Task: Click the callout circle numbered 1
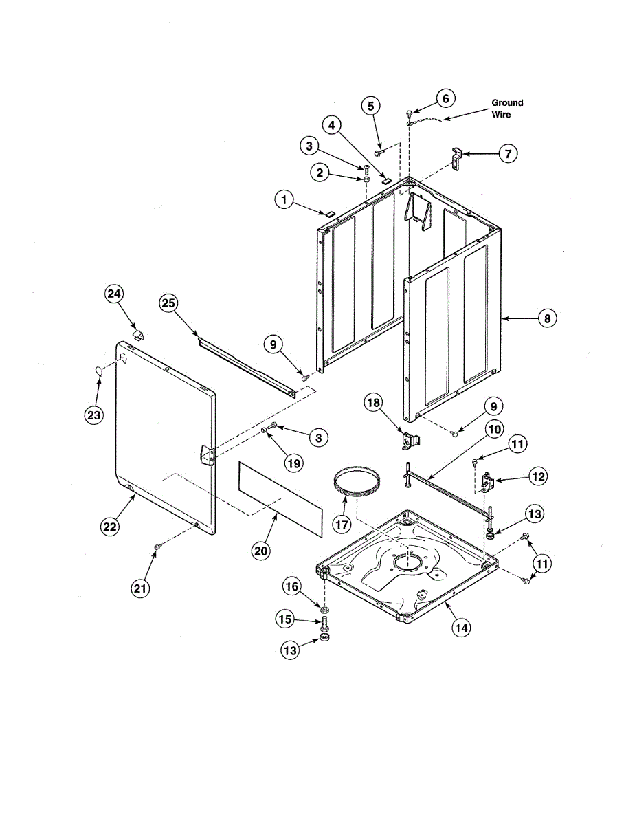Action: point(282,200)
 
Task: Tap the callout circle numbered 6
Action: point(445,98)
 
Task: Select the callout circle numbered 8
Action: point(546,318)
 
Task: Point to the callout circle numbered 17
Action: point(342,523)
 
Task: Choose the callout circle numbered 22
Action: point(110,527)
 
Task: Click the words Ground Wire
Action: point(507,108)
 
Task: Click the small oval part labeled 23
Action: point(98,371)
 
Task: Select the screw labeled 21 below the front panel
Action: point(157,545)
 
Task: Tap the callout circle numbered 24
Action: point(113,294)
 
